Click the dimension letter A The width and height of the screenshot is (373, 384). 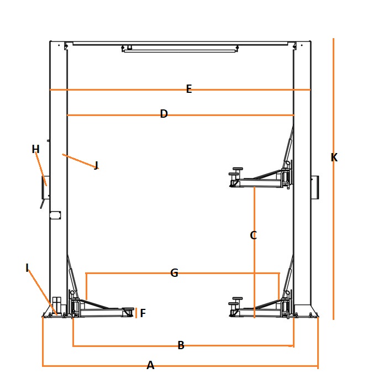coord(150,365)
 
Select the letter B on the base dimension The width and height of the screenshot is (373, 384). coord(181,345)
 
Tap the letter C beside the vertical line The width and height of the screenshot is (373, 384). coord(253,235)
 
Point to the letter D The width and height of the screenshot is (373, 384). coord(164,114)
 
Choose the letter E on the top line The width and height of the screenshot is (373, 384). coord(189,89)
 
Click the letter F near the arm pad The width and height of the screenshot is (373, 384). coord(143,313)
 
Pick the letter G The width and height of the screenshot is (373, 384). coord(174,273)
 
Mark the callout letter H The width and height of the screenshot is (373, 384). coord(36,149)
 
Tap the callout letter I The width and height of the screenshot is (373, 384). coord(27,267)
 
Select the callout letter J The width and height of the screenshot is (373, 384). coord(96,165)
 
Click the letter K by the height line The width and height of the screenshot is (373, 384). coord(334,157)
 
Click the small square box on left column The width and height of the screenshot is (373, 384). coord(55,215)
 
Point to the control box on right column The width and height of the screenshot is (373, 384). coord(315,187)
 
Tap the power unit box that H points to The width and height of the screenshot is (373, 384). coord(46,187)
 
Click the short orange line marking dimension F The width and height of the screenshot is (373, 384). coord(136,313)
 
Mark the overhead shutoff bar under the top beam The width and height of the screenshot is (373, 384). coord(180,49)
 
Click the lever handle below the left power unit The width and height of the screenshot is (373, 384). coord(43,204)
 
